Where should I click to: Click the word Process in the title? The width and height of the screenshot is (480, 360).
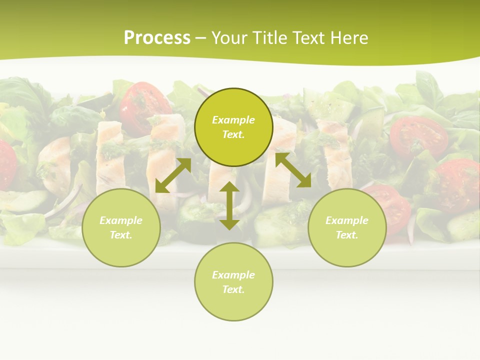157,38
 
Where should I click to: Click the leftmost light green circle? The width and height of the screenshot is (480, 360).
121,227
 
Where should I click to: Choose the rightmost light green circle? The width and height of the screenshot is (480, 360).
347,227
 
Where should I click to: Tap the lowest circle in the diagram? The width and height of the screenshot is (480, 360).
233,281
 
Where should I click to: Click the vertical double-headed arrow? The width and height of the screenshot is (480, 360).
229,205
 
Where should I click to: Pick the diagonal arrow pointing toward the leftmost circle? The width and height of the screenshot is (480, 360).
173,175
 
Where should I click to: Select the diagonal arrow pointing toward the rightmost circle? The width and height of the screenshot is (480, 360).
293,170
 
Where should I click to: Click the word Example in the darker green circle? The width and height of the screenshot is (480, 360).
233,120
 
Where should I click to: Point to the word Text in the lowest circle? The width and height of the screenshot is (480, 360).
233,289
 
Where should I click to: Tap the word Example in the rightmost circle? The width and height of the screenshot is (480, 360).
347,220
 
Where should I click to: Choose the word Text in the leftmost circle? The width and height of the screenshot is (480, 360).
121,235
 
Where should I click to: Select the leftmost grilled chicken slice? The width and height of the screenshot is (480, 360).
109,155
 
